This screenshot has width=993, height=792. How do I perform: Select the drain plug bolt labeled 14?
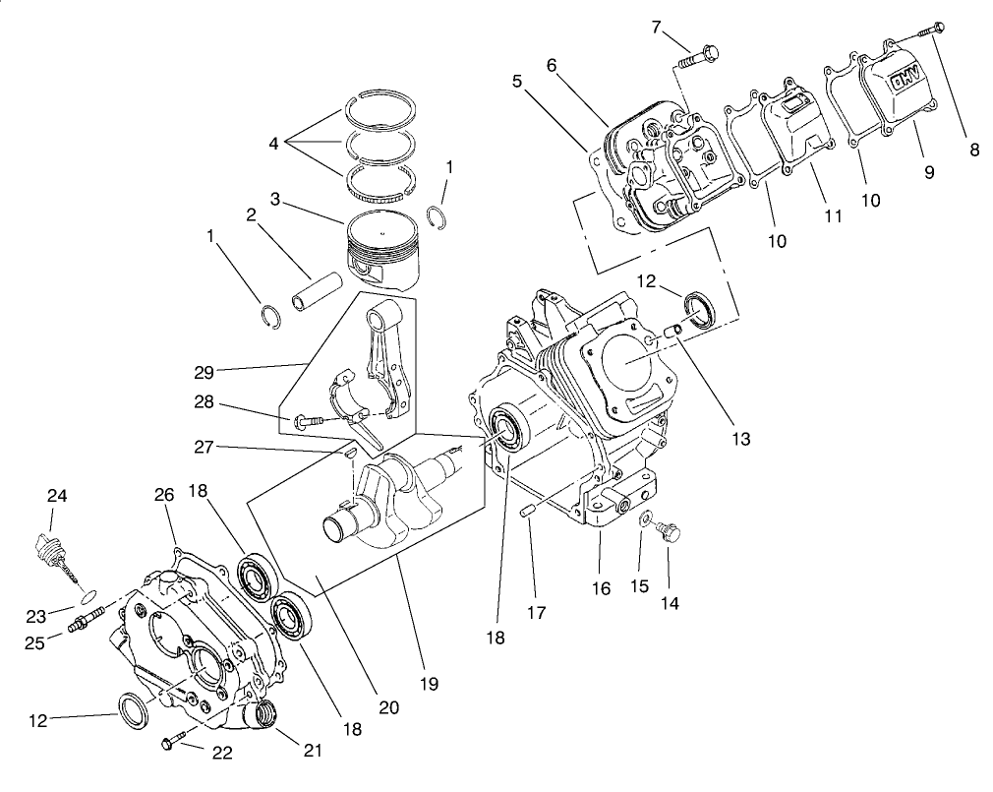(x=672, y=532)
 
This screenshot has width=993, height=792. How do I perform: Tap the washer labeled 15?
(x=644, y=519)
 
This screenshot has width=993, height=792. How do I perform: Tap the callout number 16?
(x=601, y=588)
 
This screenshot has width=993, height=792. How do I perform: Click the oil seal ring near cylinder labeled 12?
(x=701, y=307)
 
